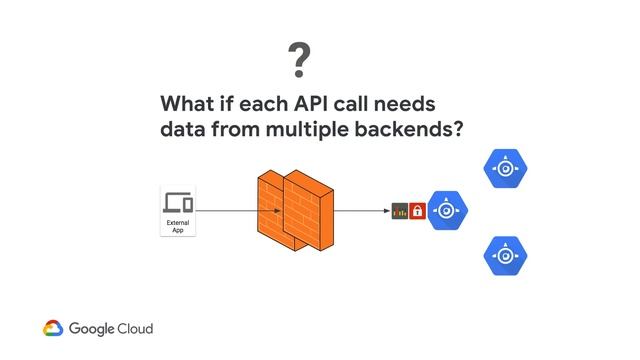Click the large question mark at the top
(x=297, y=62)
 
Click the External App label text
(x=178, y=226)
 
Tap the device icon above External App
(x=178, y=202)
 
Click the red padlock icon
(x=418, y=211)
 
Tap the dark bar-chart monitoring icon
(x=401, y=211)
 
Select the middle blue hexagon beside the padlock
(x=448, y=211)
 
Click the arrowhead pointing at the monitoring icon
(x=387, y=211)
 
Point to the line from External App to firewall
(x=225, y=211)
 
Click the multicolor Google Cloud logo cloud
(x=54, y=328)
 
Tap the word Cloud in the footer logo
(x=133, y=328)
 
